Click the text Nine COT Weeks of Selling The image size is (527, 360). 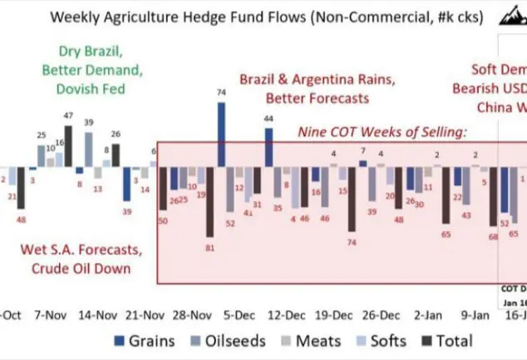click(x=383, y=132)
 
